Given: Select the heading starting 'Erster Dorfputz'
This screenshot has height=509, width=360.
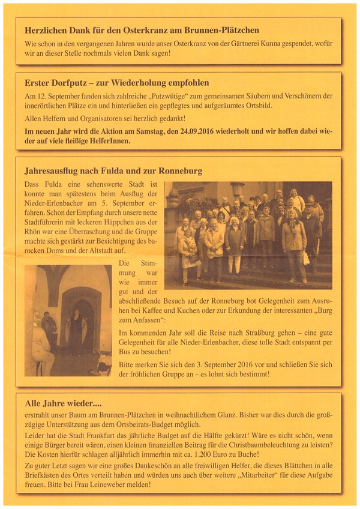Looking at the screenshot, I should (117, 82).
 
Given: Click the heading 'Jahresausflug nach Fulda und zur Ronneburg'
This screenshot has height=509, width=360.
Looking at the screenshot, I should (113, 171).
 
